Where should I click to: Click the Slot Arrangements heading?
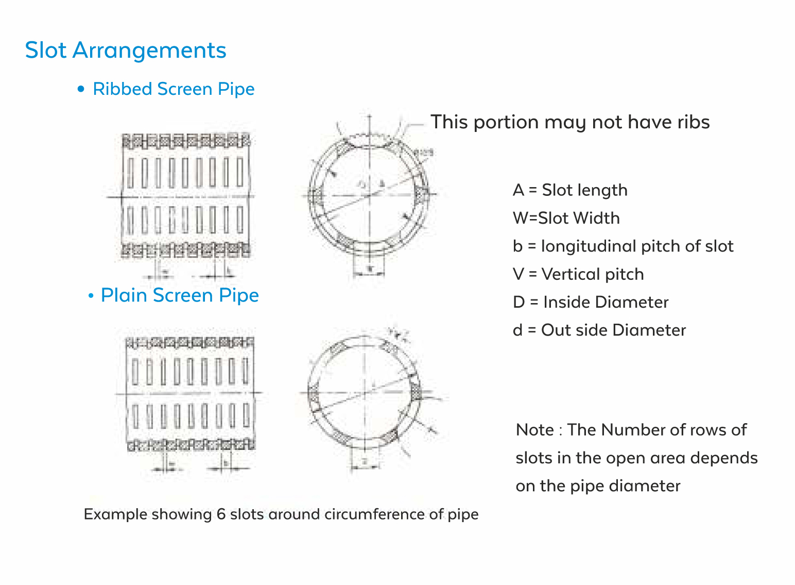point(126,51)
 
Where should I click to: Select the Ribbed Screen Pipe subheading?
point(174,89)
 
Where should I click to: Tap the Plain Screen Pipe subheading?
point(180,295)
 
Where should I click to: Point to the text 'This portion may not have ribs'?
point(570,122)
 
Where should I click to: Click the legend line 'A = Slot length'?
point(570,190)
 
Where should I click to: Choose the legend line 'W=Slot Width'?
point(566,218)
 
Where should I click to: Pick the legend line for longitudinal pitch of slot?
point(623,246)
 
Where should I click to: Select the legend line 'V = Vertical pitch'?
point(578,274)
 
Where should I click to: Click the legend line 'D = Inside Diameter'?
point(591,302)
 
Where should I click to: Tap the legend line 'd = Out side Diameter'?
point(599,330)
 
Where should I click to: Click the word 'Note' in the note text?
point(535,430)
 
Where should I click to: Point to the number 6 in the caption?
point(221,514)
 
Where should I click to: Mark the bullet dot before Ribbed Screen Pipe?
point(80,89)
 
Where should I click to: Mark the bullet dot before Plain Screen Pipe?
point(91,296)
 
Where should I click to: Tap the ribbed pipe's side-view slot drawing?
point(186,196)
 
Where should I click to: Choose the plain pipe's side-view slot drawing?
point(190,394)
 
